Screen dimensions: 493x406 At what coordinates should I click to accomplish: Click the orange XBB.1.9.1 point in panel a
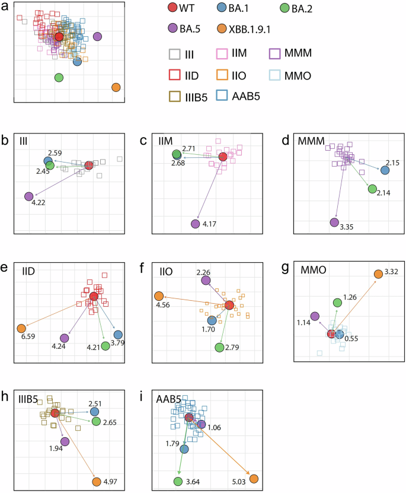[116, 88]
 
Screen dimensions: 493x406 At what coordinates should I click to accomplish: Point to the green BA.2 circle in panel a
[59, 77]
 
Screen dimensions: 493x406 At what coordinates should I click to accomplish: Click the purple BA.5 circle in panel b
[28, 196]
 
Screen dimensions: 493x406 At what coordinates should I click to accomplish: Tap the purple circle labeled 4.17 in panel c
[196, 224]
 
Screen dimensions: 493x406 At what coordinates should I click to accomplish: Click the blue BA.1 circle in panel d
[385, 170]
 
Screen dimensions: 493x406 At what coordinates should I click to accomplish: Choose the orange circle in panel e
[22, 328]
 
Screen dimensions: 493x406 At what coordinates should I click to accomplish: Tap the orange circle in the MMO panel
[378, 273]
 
